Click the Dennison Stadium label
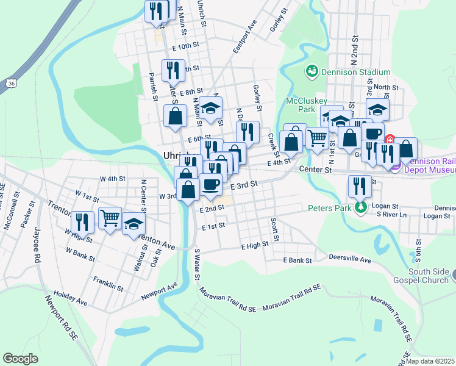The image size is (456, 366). (x=347, y=72)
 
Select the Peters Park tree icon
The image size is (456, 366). (x=362, y=208)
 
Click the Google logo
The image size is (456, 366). (x=20, y=359)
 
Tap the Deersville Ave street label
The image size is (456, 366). (x=350, y=259)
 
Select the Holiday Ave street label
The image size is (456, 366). (x=71, y=298)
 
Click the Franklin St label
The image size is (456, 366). (x=109, y=283)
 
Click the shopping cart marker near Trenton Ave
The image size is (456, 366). (x=110, y=217)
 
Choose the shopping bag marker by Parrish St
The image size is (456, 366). (x=176, y=116)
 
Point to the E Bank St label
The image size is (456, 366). (x=297, y=260)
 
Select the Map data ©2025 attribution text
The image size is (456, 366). (x=430, y=361)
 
